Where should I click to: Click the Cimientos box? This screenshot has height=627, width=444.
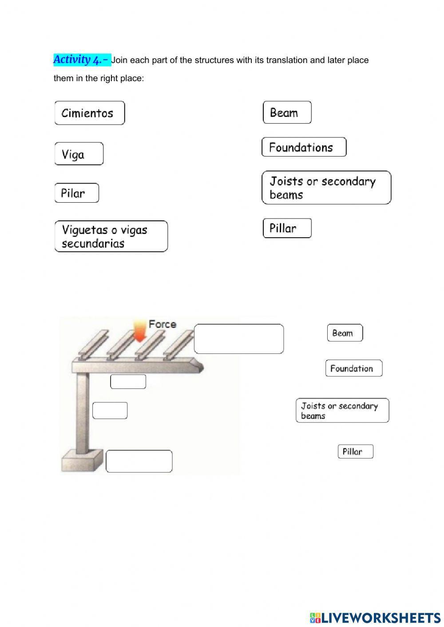coord(89,113)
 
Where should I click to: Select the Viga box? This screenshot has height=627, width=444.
coord(79,154)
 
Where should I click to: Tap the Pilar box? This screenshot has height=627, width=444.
coord(76,193)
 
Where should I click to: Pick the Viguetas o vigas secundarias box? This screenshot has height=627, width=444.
coord(111,236)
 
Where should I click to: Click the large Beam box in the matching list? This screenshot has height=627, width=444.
coord(287,113)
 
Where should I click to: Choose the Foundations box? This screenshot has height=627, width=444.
coord(304,147)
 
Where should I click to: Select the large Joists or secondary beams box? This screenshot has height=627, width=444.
coord(326,188)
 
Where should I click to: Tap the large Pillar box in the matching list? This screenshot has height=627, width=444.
coord(287,228)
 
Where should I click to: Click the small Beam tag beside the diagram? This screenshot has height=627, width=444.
coord(345,333)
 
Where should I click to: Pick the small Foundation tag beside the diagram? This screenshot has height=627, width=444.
coord(353,368)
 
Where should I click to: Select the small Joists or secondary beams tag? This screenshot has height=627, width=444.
coord(342,410)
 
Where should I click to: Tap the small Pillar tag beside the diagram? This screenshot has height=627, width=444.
coord(355,451)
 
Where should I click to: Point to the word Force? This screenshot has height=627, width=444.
coord(162,324)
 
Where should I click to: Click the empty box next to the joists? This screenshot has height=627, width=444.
coord(239,339)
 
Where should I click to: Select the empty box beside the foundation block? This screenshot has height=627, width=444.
coord(139,461)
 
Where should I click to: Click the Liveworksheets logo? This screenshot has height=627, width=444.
coord(375,617)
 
